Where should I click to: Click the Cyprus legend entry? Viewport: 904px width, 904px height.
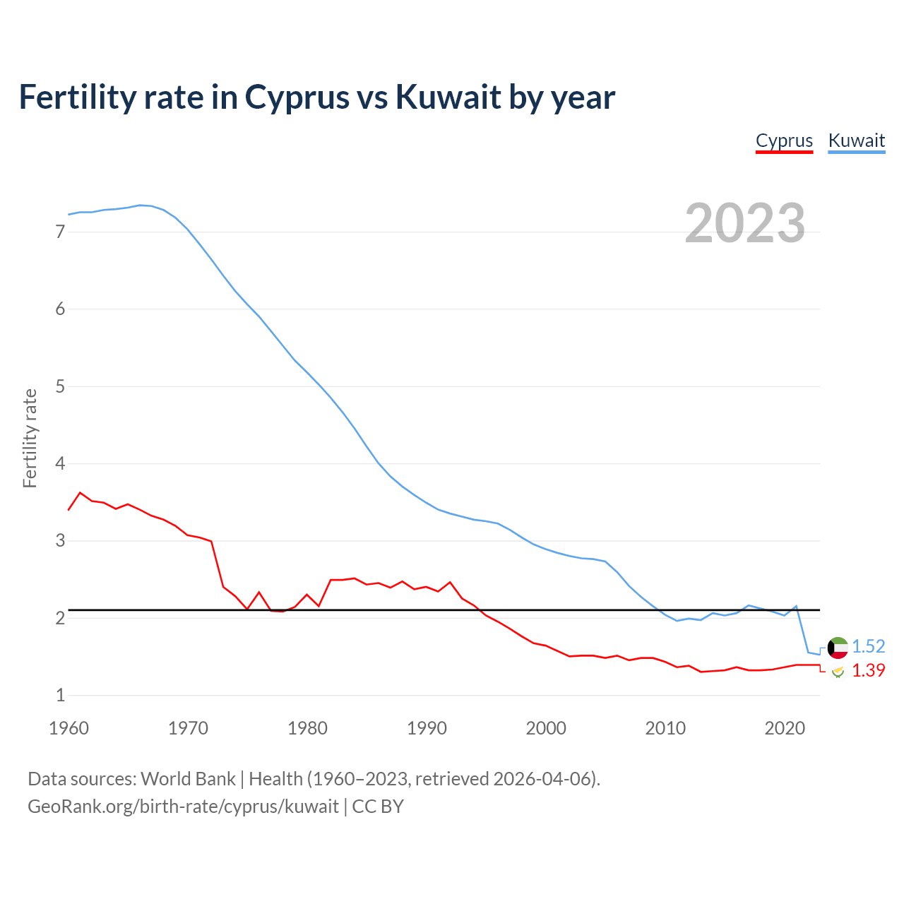tap(784, 141)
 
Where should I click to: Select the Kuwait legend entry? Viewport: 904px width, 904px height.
tap(856, 141)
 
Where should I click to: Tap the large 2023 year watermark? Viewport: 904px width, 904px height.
tap(744, 223)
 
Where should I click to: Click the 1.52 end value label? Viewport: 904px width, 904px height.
tap(868, 646)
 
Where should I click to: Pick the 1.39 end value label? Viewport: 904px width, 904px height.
tap(868, 670)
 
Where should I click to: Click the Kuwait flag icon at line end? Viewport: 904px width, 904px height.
tap(838, 647)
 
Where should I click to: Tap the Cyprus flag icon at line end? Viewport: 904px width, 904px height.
tap(838, 671)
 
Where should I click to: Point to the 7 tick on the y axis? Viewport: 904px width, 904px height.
tap(60, 232)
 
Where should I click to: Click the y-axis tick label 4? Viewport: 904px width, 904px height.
tap(60, 464)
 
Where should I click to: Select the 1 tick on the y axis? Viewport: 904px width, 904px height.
tap(60, 696)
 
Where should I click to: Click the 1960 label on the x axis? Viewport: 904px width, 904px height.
tap(69, 728)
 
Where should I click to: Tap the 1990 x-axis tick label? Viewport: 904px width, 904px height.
tap(427, 728)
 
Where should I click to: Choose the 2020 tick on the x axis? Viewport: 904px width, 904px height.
tap(785, 728)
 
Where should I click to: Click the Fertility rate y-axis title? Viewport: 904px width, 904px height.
tap(30, 438)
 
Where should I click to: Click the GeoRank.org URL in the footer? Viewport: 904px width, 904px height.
tap(183, 807)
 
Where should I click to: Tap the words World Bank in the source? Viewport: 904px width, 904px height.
tap(188, 779)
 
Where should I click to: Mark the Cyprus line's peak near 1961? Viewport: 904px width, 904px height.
tap(80, 492)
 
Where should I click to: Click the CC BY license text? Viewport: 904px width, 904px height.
tap(378, 807)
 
